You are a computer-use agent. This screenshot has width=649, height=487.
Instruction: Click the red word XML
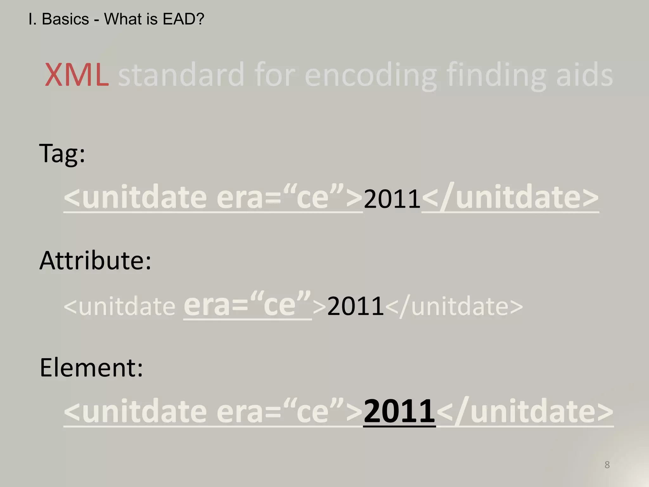point(77,75)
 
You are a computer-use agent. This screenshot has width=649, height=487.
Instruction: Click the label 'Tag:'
point(62,153)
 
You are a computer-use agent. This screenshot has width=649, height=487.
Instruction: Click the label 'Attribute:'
point(95,261)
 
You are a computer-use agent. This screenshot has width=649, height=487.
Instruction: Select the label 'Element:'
point(91,368)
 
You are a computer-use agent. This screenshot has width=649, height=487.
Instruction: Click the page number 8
point(607,465)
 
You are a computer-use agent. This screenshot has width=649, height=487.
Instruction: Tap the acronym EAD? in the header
point(183,19)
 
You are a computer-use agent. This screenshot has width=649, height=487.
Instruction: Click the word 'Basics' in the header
point(65,19)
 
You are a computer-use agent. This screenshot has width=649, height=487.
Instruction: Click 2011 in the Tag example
point(392,199)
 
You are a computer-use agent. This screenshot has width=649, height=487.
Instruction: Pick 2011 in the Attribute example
point(355,306)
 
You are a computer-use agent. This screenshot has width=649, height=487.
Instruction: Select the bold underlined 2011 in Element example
point(399,412)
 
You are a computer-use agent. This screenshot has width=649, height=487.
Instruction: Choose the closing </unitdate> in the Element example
point(525,412)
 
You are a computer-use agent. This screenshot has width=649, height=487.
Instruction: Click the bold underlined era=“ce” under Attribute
point(247,305)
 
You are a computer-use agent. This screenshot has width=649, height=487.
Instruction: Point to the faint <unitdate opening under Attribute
point(119,306)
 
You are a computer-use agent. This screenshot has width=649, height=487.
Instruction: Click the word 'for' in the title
point(274,75)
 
